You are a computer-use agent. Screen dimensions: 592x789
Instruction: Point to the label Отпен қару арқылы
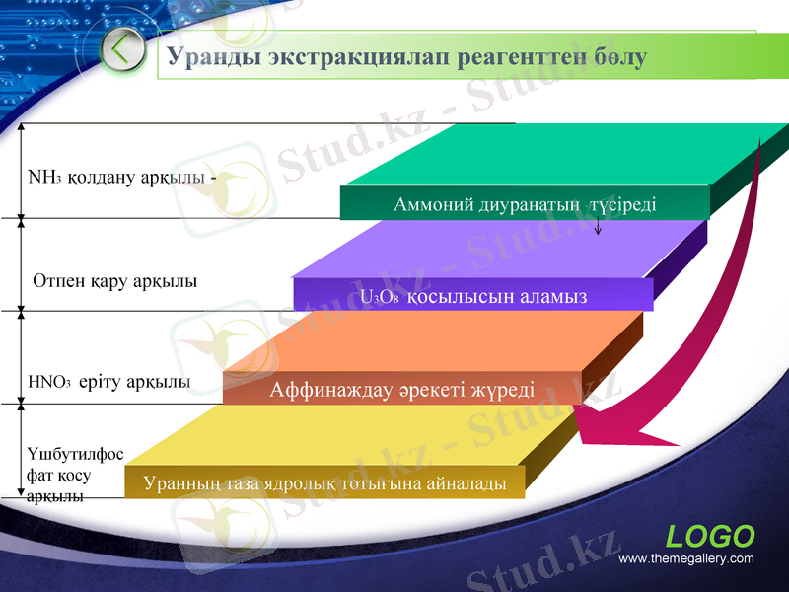pyautogui.click(x=114, y=281)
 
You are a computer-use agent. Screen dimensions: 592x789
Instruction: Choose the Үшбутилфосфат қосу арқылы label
pyautogui.click(x=75, y=475)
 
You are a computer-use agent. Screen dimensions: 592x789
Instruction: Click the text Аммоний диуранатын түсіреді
pyautogui.click(x=525, y=204)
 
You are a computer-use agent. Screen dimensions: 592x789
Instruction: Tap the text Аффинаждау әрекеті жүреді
pyautogui.click(x=402, y=390)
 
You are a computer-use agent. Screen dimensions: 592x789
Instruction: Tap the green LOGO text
pyautogui.click(x=710, y=537)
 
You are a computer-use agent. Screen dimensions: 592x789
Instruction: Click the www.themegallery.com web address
pyautogui.click(x=685, y=559)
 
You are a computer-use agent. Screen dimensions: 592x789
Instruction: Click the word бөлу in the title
pyautogui.click(x=620, y=57)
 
